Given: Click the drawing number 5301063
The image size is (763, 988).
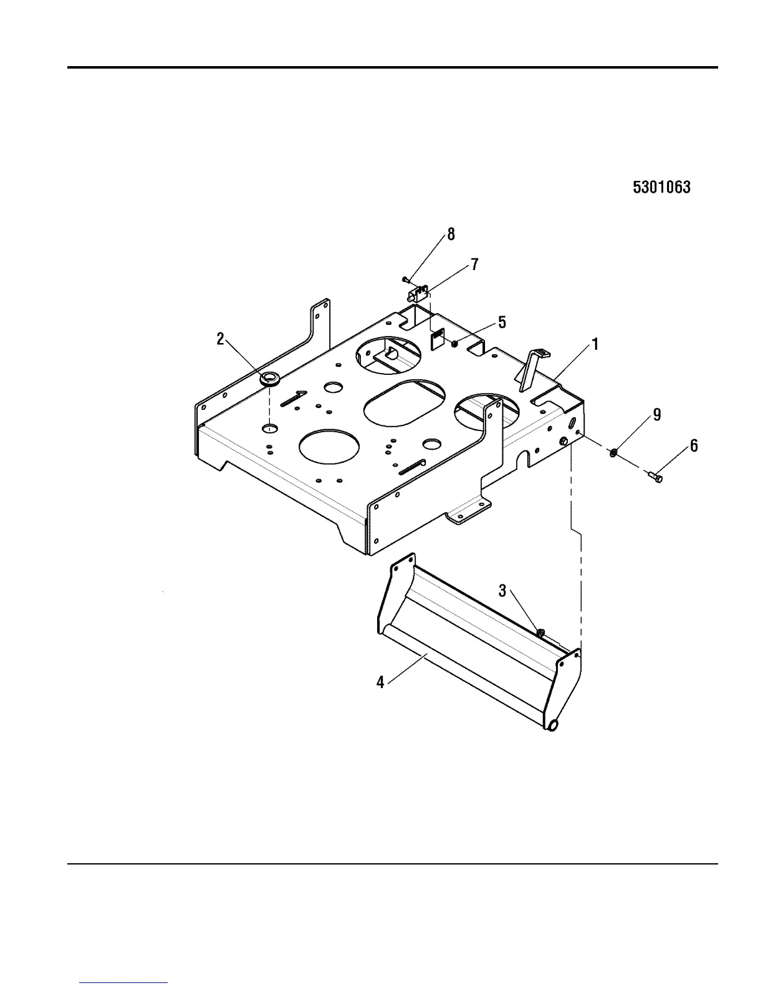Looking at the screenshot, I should click(x=661, y=187).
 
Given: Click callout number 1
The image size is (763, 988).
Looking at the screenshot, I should click(x=595, y=344).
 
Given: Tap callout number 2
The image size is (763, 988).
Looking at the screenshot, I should click(x=220, y=339).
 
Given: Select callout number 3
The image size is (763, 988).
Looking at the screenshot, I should click(x=502, y=590).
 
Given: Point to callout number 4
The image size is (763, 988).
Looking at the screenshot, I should click(x=380, y=682).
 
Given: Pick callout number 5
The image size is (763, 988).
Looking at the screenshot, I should click(x=502, y=322).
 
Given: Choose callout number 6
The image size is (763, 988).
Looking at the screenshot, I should click(x=694, y=445).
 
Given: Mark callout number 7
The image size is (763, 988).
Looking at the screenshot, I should click(x=474, y=264).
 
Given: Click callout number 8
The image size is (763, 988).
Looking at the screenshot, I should click(x=451, y=235).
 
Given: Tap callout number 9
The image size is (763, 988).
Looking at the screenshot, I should click(x=656, y=414).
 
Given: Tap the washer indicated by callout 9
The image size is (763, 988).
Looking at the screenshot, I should click(x=614, y=452).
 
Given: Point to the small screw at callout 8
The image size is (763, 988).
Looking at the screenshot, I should click(x=405, y=278).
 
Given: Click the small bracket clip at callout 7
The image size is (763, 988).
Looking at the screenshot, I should click(x=418, y=292).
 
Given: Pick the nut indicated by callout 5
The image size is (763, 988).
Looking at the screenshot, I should click(x=456, y=342).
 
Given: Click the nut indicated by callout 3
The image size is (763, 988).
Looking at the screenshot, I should click(x=540, y=634).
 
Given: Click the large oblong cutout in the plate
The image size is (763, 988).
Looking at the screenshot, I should click(x=405, y=404).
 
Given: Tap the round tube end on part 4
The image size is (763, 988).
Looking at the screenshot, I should click(x=552, y=725).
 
